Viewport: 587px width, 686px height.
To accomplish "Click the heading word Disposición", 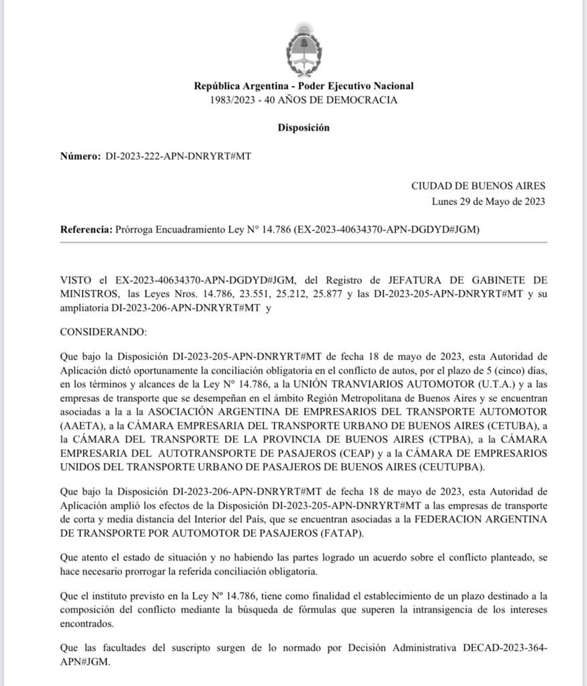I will [304, 128].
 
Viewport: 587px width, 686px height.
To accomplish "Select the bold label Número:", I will [80, 156].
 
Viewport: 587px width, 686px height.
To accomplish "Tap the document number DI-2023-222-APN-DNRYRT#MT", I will [179, 156].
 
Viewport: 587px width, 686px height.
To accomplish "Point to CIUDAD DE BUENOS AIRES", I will [478, 186].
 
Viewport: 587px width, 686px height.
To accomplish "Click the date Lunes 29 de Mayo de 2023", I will [488, 201].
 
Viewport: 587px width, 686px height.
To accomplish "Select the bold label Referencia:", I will [86, 229].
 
